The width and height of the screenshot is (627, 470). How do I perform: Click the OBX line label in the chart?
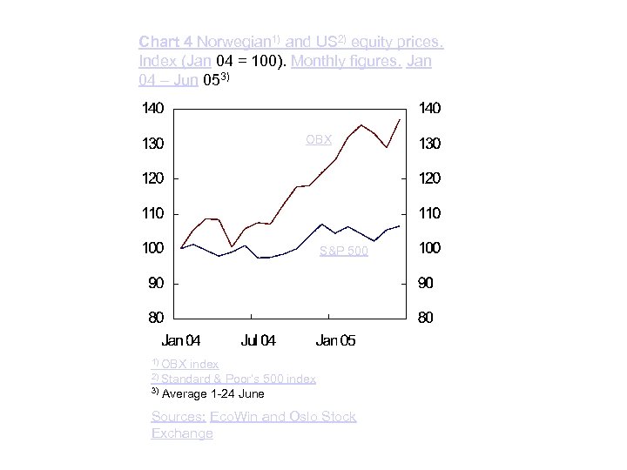[x=319, y=138]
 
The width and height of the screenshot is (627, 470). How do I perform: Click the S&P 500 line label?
[x=343, y=252]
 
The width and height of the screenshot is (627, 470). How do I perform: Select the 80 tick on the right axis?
[x=425, y=319]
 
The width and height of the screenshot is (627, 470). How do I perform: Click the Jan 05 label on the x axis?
[x=335, y=340]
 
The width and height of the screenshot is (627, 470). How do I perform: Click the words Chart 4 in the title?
[x=165, y=41]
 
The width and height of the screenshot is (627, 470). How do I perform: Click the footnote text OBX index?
[x=190, y=364]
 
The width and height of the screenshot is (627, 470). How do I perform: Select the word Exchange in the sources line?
[x=182, y=433]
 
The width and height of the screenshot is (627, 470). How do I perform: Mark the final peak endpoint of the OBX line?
[x=400, y=119]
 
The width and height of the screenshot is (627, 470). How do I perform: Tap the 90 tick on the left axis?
[x=155, y=284]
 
